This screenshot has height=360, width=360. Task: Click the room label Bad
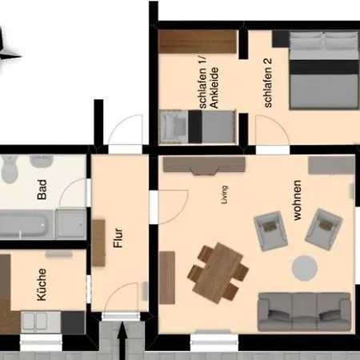[42, 190]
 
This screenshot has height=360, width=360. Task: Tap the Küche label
[42, 285]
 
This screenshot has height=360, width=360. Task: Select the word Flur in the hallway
[118, 238]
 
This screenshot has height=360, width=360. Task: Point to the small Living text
[225, 195]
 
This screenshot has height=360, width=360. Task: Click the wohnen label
[297, 200]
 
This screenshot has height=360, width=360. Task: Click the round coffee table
[305, 268]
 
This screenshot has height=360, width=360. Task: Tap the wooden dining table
[218, 273]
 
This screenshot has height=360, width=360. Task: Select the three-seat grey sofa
[304, 312]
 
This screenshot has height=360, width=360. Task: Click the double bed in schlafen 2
[324, 70]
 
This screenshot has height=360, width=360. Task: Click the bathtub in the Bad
[26, 225]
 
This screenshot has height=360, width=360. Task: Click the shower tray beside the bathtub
[71, 224]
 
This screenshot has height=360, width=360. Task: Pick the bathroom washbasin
[42, 161]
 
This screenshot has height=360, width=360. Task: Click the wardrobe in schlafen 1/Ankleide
[198, 42]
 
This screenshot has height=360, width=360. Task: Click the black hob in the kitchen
[73, 322]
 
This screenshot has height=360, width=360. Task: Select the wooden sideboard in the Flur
[98, 243]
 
